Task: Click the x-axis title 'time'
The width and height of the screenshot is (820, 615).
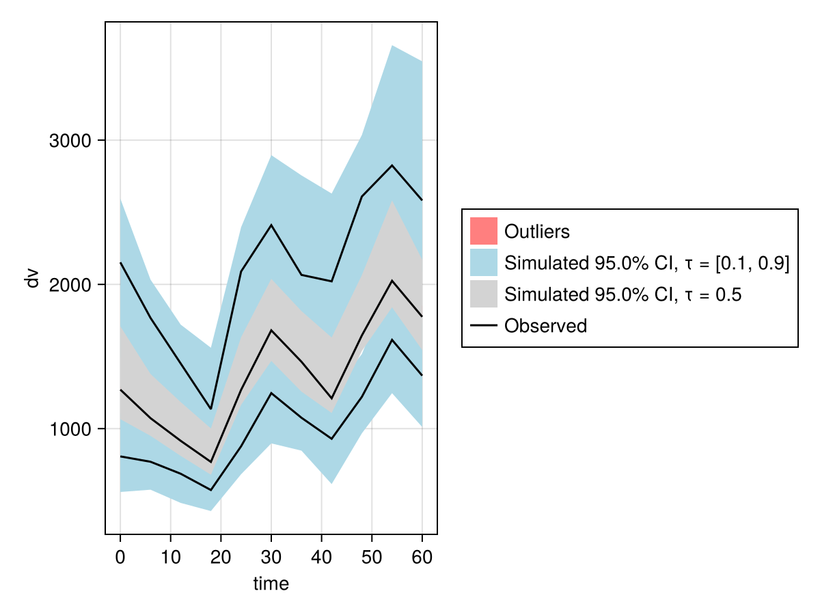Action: [x=271, y=584]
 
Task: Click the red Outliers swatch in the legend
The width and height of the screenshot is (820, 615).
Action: [x=484, y=231]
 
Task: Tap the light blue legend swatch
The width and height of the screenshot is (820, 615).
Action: [x=484, y=262]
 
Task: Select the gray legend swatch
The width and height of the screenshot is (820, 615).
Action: [x=484, y=295]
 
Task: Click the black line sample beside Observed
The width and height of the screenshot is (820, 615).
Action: [x=484, y=326]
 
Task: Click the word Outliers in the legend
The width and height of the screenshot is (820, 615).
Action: [x=537, y=232]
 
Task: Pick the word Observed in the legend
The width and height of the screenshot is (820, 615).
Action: [x=545, y=326]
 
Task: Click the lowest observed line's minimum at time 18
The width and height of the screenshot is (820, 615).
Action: [x=210, y=490]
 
